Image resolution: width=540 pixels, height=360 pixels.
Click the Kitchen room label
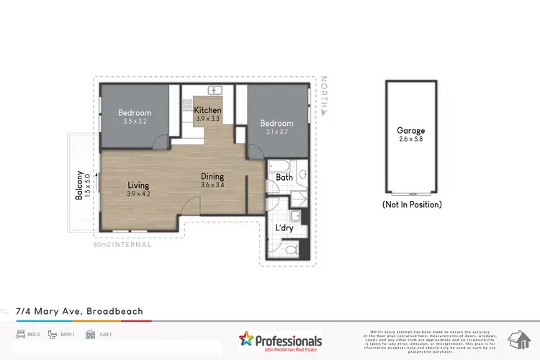coord(209,109)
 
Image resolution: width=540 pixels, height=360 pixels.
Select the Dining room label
coord(212,176)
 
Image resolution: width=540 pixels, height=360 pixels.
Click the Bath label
coord(284,177)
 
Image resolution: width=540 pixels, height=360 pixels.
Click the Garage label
coord(411,130)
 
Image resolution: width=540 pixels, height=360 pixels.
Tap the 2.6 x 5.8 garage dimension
coord(411,140)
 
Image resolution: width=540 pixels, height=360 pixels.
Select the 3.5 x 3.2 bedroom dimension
coord(135,122)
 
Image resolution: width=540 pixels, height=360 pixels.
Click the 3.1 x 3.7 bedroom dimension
coord(276,132)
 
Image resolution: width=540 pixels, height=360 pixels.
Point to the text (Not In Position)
coord(412,204)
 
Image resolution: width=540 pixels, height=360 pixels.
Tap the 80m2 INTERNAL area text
coord(122,245)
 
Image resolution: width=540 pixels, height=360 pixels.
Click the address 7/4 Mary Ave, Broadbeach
coord(79,311)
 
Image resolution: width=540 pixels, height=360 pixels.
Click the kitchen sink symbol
coord(214,91)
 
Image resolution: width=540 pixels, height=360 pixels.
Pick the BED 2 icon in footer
coord(22,335)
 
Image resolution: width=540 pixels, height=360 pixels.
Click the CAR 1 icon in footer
coord(91,335)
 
